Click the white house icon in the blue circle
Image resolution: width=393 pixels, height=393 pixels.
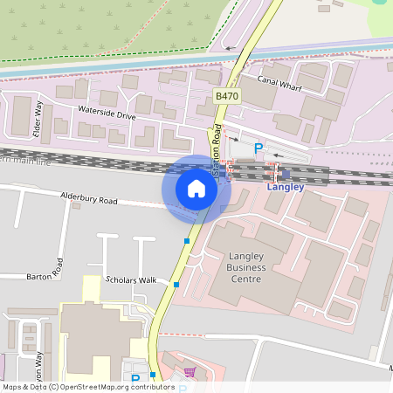(196, 189)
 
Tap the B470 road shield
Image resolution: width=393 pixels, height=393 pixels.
(227, 96)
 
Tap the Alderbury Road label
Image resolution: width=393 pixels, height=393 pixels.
(88, 200)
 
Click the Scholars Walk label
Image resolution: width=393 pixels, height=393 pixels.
(130, 279)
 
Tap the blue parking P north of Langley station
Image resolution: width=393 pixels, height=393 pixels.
(258, 149)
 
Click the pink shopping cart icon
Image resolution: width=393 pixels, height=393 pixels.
(190, 373)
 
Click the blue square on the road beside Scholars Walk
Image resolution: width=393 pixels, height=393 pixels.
(176, 285)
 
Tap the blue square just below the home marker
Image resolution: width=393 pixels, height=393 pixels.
(187, 240)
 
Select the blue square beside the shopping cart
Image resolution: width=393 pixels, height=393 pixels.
(153, 375)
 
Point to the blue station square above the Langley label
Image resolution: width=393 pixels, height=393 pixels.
(286, 174)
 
